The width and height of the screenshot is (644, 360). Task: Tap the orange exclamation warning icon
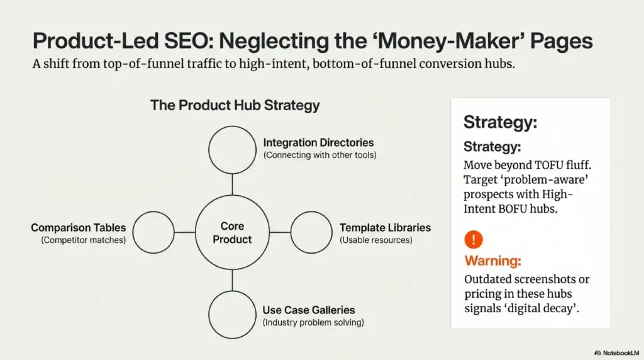click(x=474, y=240)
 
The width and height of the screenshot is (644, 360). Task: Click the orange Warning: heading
click(x=493, y=261)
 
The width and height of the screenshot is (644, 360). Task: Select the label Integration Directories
click(x=318, y=143)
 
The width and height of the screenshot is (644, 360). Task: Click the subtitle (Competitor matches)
click(x=84, y=240)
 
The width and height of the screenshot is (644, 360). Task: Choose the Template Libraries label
click(x=385, y=228)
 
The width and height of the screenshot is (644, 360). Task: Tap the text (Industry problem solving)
click(x=313, y=323)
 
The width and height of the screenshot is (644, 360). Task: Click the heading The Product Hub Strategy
click(x=235, y=105)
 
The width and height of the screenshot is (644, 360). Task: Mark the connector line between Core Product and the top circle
click(x=233, y=184)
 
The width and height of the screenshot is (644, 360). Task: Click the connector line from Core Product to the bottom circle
click(x=233, y=280)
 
